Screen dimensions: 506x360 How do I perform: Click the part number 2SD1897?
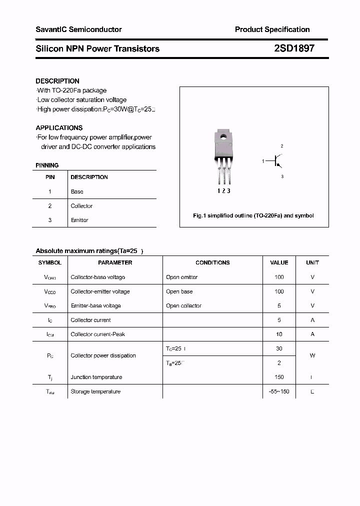click(x=294, y=48)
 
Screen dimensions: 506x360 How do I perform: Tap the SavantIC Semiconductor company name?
click(x=78, y=29)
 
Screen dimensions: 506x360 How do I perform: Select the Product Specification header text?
click(x=272, y=29)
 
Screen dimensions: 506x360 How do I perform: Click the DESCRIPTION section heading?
click(x=57, y=81)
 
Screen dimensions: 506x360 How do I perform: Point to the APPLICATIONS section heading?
click(x=59, y=127)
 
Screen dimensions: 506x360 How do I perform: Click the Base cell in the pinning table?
click(x=77, y=191)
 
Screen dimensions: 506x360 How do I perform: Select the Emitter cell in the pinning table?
click(x=79, y=220)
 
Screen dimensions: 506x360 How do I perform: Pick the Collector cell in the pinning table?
click(x=81, y=206)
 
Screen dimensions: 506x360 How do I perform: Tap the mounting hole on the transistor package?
click(x=223, y=134)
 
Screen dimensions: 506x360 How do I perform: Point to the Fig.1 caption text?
click(x=253, y=215)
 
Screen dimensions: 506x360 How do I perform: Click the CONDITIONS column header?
click(x=212, y=262)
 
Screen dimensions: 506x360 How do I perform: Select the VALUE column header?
click(x=279, y=262)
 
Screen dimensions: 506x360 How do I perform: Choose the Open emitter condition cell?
click(x=182, y=277)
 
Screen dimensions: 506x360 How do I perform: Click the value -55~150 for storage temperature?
click(x=279, y=391)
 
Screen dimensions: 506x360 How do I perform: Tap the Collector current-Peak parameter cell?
click(x=98, y=334)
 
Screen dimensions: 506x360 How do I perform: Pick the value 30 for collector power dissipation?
click(x=279, y=348)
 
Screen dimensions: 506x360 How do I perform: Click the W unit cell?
click(x=312, y=355)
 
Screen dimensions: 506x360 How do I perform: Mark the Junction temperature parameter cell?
click(x=96, y=377)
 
